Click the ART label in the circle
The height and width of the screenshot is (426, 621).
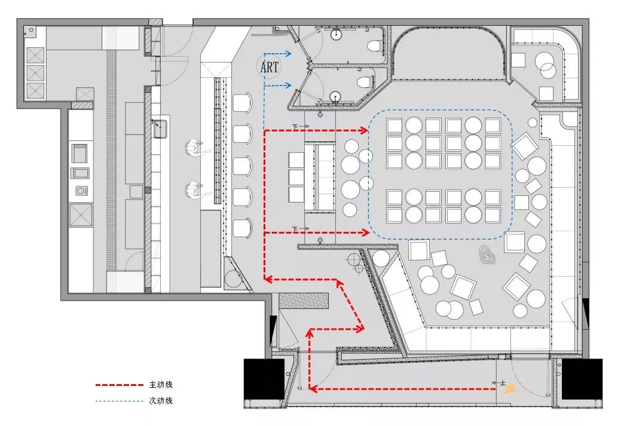tap(270, 68)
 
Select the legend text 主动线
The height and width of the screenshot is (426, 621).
tap(160, 385)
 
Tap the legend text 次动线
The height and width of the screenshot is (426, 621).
tap(160, 400)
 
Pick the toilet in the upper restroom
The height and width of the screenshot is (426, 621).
tap(373, 45)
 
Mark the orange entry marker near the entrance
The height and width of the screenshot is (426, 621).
tap(509, 388)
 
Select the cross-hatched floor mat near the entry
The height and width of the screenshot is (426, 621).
tap(304, 301)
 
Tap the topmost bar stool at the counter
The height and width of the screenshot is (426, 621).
tap(241, 103)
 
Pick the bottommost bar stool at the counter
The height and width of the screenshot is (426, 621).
tap(241, 228)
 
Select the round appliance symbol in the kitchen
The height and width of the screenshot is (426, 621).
tap(79, 191)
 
